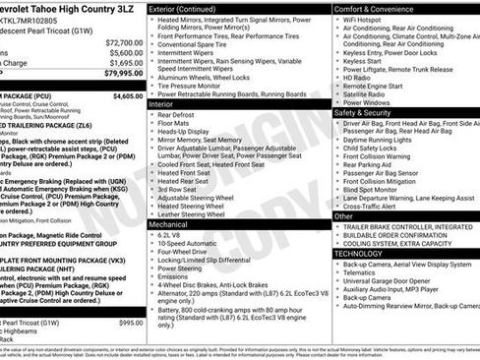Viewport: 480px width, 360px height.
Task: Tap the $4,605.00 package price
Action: (x=128, y=96)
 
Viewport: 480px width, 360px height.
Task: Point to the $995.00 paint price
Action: (x=131, y=323)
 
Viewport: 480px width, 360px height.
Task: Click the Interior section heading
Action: (x=161, y=103)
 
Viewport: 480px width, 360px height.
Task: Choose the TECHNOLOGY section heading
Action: (x=359, y=253)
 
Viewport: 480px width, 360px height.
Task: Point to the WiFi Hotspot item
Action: (x=362, y=20)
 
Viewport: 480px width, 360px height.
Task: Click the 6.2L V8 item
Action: (x=169, y=236)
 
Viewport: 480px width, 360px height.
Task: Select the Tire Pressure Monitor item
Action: (x=196, y=86)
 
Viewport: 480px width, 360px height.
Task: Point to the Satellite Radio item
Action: (x=364, y=93)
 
